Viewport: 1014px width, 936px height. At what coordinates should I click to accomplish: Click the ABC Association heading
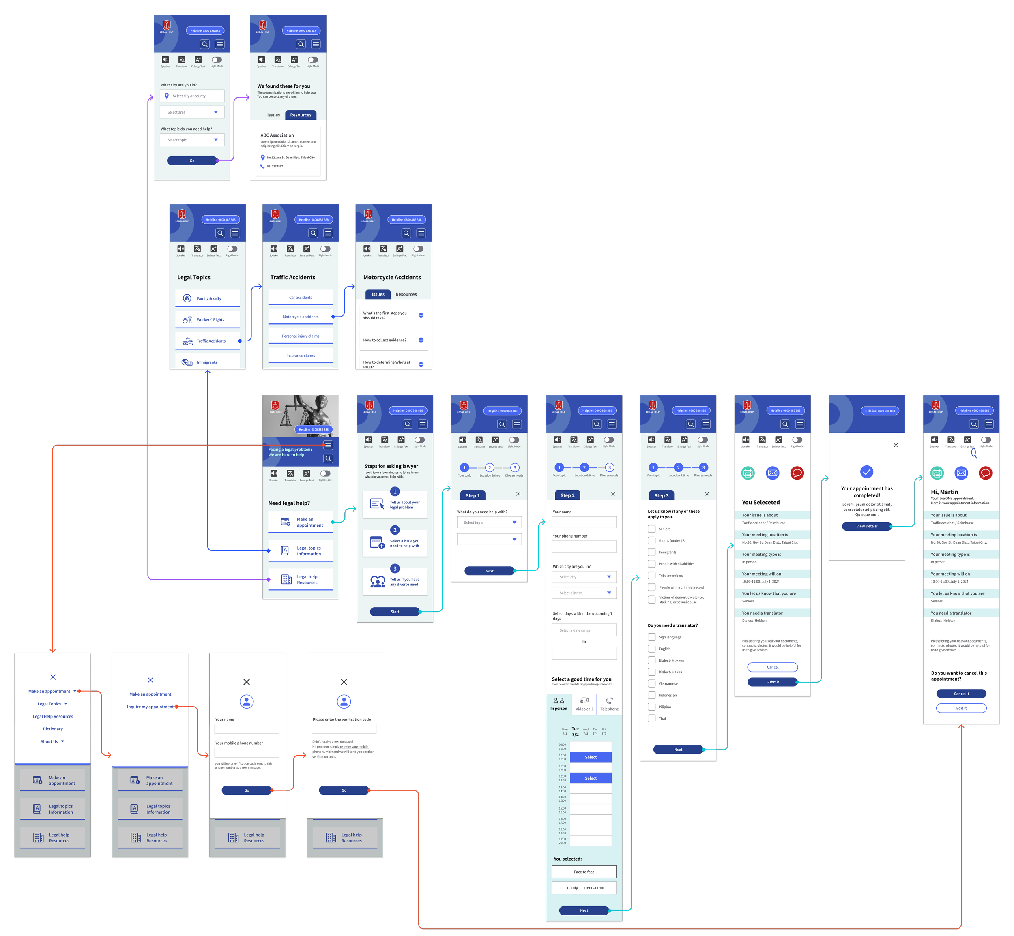click(277, 135)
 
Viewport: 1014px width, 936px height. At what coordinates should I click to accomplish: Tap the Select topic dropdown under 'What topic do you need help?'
click(192, 140)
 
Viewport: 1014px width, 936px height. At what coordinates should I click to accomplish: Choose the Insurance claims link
click(301, 356)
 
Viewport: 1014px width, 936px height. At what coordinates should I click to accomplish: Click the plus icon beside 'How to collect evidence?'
click(421, 340)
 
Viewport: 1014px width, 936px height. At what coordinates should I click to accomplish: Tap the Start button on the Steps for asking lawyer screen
click(395, 612)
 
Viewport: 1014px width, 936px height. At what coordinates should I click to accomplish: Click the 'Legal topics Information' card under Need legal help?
click(301, 551)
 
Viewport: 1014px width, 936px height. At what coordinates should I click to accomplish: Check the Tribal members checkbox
click(652, 575)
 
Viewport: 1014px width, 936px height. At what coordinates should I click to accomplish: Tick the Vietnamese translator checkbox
click(652, 684)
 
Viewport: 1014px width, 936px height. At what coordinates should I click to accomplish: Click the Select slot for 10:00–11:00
click(591, 757)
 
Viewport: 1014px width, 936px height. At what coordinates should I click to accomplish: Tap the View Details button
click(866, 526)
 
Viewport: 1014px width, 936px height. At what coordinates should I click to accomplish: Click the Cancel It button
click(961, 694)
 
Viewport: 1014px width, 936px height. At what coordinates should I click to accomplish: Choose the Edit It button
click(961, 708)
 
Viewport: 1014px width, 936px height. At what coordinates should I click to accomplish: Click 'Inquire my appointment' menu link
click(150, 707)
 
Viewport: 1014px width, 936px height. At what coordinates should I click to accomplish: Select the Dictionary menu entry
click(53, 729)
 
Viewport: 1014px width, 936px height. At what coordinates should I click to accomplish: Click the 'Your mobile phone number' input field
click(247, 753)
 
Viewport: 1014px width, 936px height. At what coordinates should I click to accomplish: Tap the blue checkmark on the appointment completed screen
click(866, 472)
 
